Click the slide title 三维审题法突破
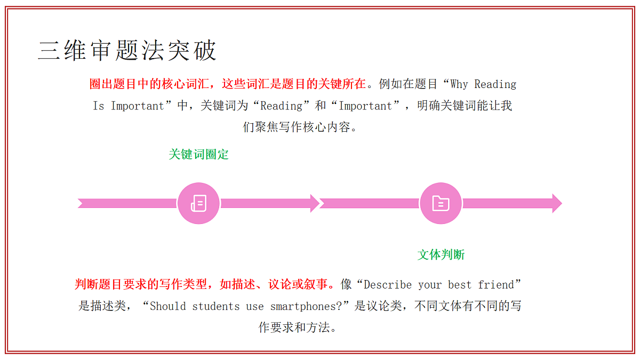pos(127,50)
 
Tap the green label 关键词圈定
pos(198,154)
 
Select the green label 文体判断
pos(441,254)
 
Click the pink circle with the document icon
pos(198,203)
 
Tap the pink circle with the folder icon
pos(441,203)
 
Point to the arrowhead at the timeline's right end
pos(557,203)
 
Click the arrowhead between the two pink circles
pos(315,203)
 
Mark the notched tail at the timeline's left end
pos(81,203)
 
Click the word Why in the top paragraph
pos(459,84)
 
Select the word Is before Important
pos(99,106)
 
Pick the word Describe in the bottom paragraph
pos(388,285)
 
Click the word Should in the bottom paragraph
pos(167,306)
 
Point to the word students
pos(215,306)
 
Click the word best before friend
pos(459,285)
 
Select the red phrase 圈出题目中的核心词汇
pos(149,84)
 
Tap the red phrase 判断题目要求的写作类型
pos(141,284)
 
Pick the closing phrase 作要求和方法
pos(294,327)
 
